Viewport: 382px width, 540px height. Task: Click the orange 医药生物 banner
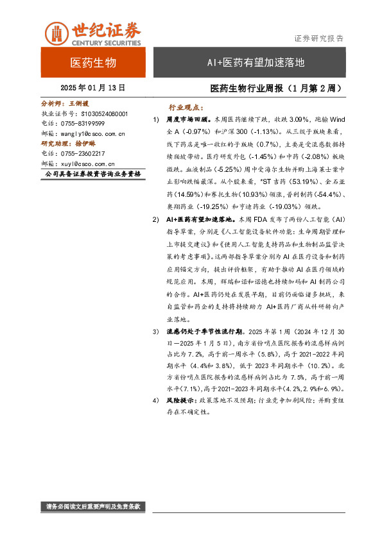click(92, 63)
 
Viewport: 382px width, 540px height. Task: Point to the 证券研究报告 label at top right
click(318, 38)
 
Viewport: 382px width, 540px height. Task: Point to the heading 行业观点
click(186, 108)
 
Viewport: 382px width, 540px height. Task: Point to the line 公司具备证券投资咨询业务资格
click(91, 174)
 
